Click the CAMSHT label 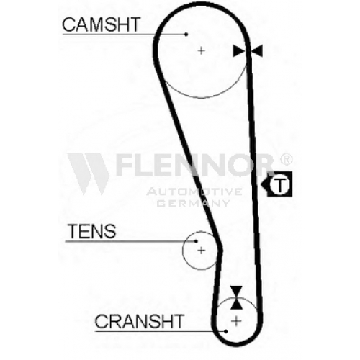(101, 24)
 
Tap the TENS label (92, 231)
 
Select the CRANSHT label (140, 321)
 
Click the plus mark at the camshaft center (202, 50)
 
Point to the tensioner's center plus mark (201, 251)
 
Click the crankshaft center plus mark (236, 321)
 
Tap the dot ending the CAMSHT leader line (186, 35)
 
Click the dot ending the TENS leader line (196, 241)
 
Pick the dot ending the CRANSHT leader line (226, 331)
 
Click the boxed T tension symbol (279, 184)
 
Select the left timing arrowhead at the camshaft (239, 51)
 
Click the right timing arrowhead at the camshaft (257, 51)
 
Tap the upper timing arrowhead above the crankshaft (236, 292)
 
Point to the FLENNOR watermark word (194, 165)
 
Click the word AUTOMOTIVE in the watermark (194, 192)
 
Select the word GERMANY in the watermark (194, 204)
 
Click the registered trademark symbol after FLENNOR (287, 159)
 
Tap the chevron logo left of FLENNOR (89, 174)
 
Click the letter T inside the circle (280, 185)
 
